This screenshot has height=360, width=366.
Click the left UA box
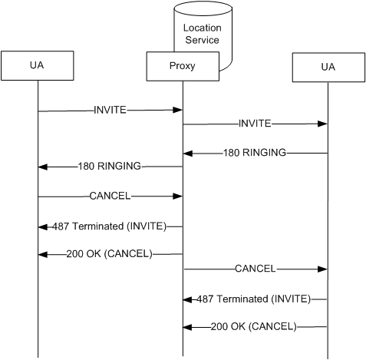coord(38,66)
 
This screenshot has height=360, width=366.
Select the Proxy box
coord(183,67)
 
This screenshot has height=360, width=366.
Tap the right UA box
coord(328,68)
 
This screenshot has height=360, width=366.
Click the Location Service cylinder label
coord(203,34)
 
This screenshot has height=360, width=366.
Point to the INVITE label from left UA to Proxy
coord(110,110)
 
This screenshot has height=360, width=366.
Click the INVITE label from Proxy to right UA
coord(255,124)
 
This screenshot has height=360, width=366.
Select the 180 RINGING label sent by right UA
coord(255,153)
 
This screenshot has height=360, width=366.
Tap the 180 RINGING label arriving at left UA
coord(110,167)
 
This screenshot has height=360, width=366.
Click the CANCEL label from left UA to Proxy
coord(110,196)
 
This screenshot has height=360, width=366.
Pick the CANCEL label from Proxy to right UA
coord(256,269)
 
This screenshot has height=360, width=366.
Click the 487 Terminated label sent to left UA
coord(110,226)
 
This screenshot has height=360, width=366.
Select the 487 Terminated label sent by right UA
coord(254,299)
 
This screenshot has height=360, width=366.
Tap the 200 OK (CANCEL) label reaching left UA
coord(110,254)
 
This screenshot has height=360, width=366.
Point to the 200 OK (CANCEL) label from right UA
coord(254,326)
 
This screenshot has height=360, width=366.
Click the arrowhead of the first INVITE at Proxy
coord(177,110)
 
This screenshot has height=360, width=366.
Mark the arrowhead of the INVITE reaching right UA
coord(322,124)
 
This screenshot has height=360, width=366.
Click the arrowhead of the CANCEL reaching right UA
coord(322,269)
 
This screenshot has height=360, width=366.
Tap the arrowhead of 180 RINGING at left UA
coord(43,167)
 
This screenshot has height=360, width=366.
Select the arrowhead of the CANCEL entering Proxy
coord(177,197)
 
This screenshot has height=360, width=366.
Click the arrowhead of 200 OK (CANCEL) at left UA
coord(43,255)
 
